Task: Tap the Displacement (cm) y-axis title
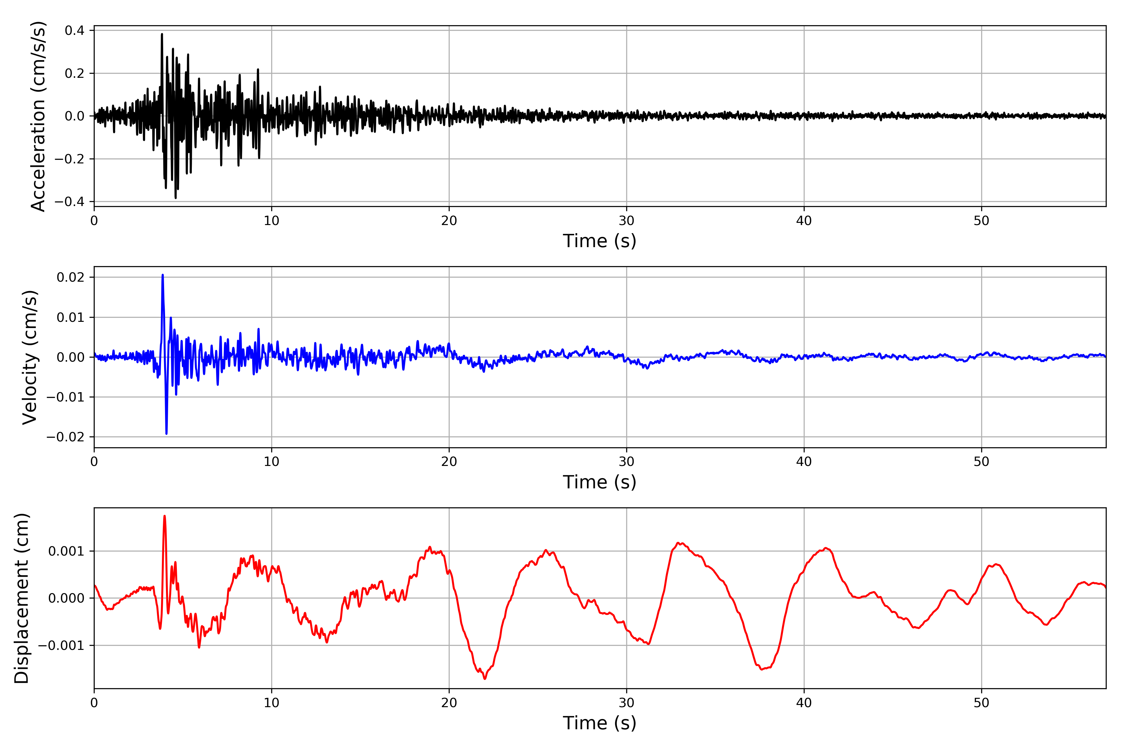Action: [22, 598]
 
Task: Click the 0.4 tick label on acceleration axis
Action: [74, 31]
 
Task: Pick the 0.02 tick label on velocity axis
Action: [71, 277]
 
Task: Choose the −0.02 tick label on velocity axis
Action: [66, 437]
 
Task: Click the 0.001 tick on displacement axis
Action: [66, 551]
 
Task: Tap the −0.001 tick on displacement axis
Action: [61, 646]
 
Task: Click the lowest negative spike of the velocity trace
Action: [166, 434]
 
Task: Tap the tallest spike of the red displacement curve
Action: [164, 516]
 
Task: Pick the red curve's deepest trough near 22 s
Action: [485, 679]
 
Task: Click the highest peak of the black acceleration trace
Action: [162, 34]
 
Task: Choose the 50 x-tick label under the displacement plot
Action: [981, 703]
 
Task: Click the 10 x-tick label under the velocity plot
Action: [272, 462]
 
